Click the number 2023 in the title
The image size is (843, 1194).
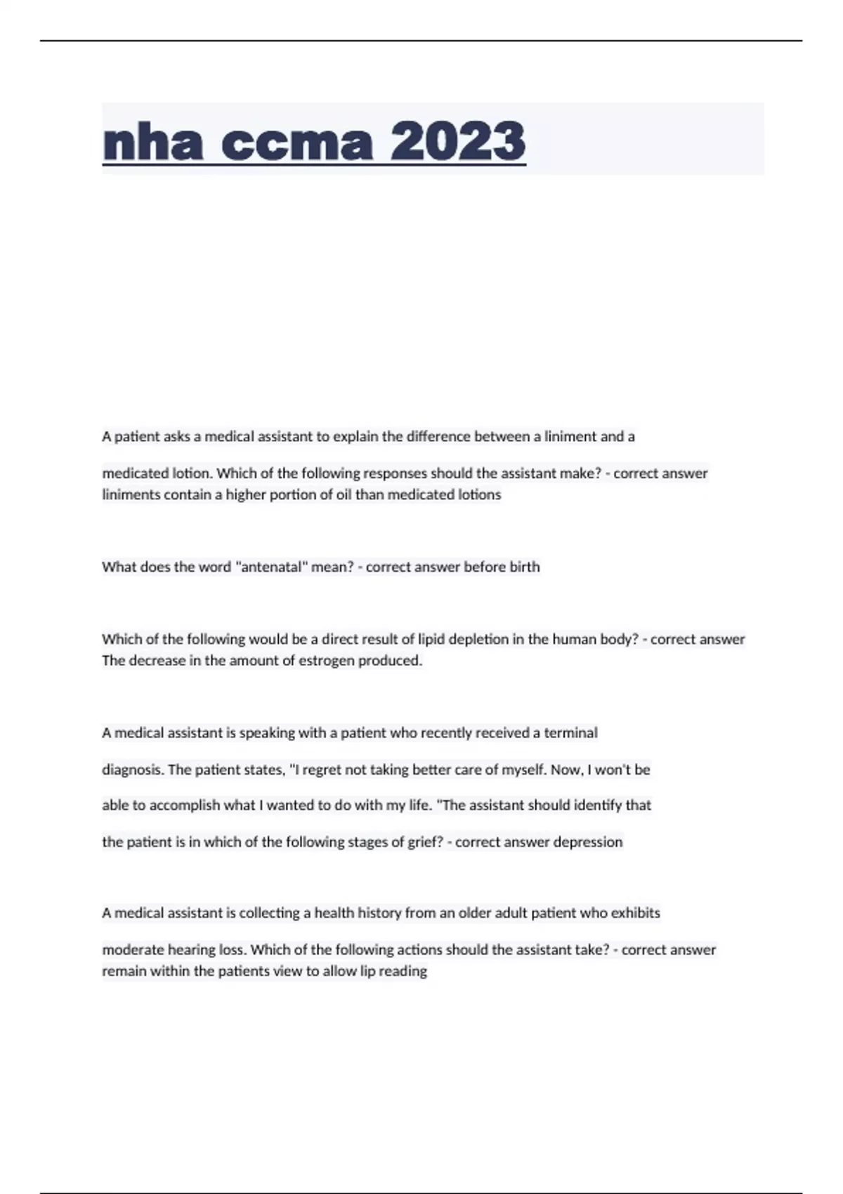click(457, 141)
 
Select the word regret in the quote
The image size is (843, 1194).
click(323, 770)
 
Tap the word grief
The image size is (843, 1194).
click(424, 842)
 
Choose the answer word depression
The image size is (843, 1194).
click(588, 842)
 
